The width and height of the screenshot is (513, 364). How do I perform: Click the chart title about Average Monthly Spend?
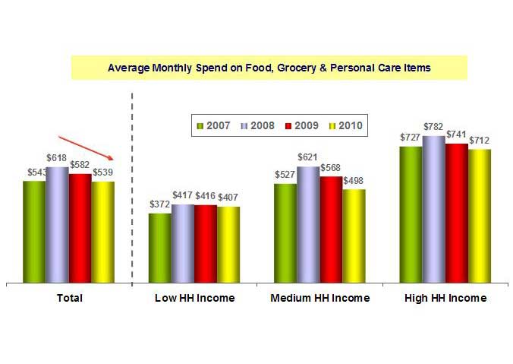(x=269, y=68)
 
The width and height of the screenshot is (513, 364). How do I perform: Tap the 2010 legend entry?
(x=346, y=125)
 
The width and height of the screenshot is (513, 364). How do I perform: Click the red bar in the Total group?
(x=80, y=228)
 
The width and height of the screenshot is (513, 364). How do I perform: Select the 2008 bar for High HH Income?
(x=434, y=209)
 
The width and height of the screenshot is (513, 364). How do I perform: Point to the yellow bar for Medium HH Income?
(x=354, y=236)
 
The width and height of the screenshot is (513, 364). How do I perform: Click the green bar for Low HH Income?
(x=159, y=248)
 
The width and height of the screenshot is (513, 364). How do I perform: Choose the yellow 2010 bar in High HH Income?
(x=480, y=216)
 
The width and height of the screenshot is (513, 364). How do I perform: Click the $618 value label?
(x=58, y=158)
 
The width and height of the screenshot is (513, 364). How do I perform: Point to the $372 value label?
(x=159, y=205)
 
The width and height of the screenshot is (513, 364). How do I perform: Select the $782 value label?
(x=434, y=128)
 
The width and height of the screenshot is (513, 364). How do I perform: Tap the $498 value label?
(x=354, y=181)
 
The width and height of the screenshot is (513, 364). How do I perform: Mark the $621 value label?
(x=308, y=158)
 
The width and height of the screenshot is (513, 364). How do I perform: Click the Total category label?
(x=70, y=298)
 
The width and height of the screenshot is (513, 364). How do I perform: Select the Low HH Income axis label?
(x=194, y=298)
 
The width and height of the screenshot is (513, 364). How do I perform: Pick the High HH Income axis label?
(x=445, y=298)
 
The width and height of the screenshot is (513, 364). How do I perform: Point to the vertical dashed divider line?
(x=132, y=190)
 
